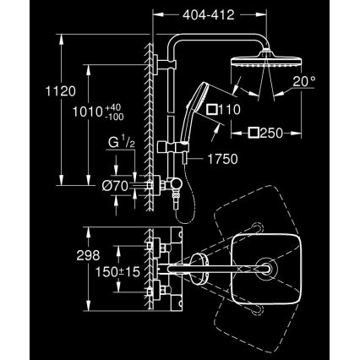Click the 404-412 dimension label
coord(207,15)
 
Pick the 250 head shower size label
coord(268,133)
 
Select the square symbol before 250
coord(252,134)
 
